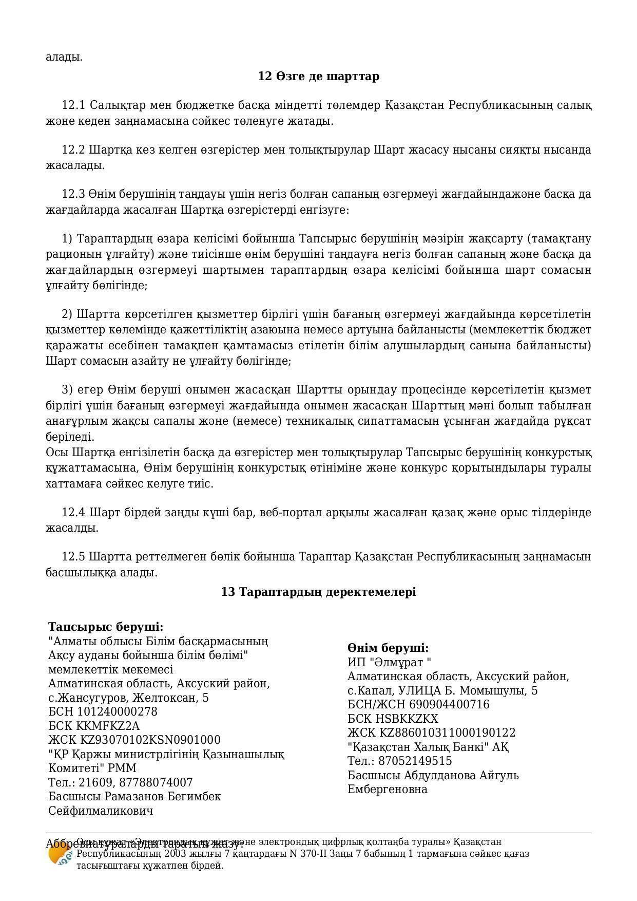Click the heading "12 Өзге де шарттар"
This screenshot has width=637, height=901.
pos(318,77)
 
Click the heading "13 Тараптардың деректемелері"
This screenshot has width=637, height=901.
pos(318,592)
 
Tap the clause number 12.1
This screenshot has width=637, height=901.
pos(73,105)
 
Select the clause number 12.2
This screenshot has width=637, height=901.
pos(73,150)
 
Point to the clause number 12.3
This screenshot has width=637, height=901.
pos(73,194)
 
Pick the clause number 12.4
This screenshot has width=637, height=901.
pos(73,513)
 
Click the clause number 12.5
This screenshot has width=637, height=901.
pos(73,557)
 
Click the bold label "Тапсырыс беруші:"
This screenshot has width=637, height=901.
pos(106,627)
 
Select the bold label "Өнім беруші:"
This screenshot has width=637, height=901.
pos(388,648)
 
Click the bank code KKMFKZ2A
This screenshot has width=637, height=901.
pos(108,726)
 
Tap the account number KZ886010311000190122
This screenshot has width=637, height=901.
pos(448,733)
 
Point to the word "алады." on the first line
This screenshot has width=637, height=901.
pos(64,57)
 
